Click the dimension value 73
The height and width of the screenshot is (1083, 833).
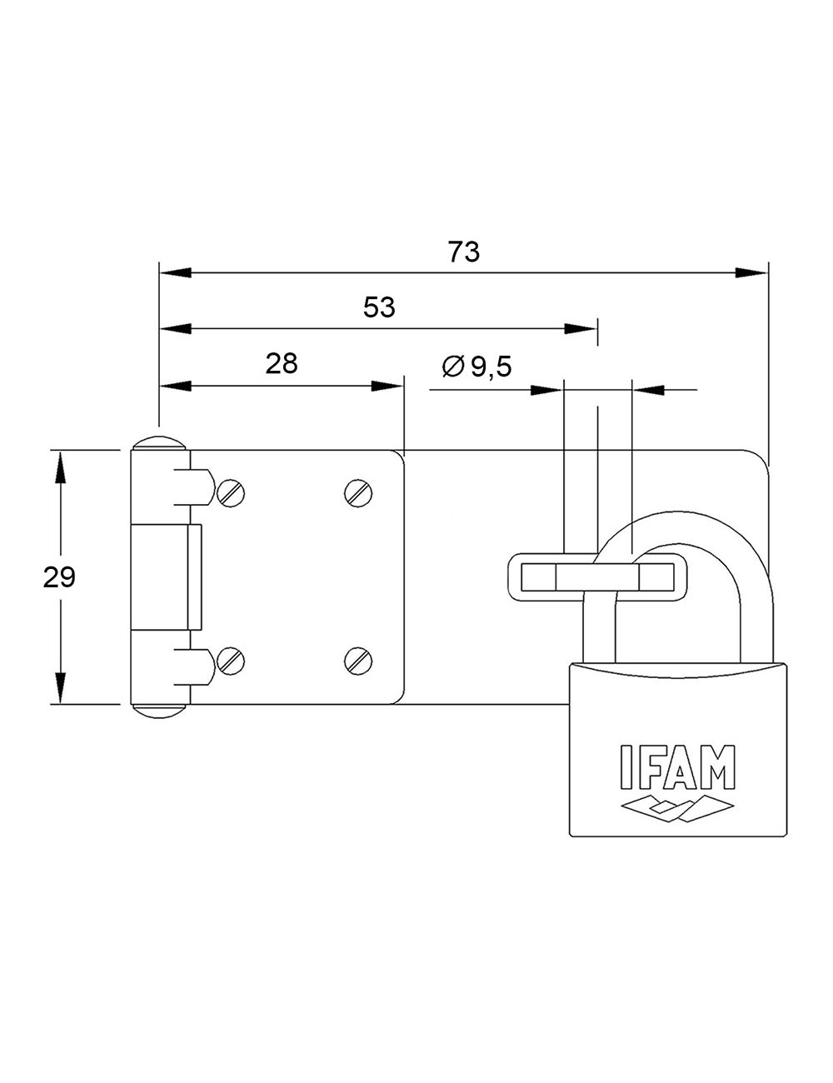[x=464, y=252]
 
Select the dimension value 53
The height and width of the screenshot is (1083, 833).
[x=379, y=307]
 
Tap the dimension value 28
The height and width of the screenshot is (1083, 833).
[x=282, y=363]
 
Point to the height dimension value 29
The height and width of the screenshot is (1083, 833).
[x=59, y=576]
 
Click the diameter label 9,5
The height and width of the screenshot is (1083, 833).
[x=491, y=367]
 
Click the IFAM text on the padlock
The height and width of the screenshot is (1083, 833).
[x=677, y=766]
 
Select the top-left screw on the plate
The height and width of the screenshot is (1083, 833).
[x=231, y=494]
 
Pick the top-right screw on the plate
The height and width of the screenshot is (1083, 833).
[x=358, y=493]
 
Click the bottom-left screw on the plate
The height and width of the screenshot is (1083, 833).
[x=231, y=661]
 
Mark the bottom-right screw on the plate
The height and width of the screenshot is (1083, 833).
[x=358, y=661]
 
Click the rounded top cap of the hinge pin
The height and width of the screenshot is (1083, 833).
[x=159, y=442]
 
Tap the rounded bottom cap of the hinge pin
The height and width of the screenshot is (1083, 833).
[x=159, y=711]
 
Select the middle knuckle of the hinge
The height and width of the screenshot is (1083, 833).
[x=167, y=576]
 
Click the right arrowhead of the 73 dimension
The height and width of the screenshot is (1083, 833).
[x=751, y=272]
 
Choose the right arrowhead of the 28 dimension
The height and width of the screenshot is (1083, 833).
[x=386, y=386]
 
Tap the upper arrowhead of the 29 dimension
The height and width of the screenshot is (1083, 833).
[x=59, y=467]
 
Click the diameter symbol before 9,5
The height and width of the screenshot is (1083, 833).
[x=452, y=367]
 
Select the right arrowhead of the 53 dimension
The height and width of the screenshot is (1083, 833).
[x=581, y=328]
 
